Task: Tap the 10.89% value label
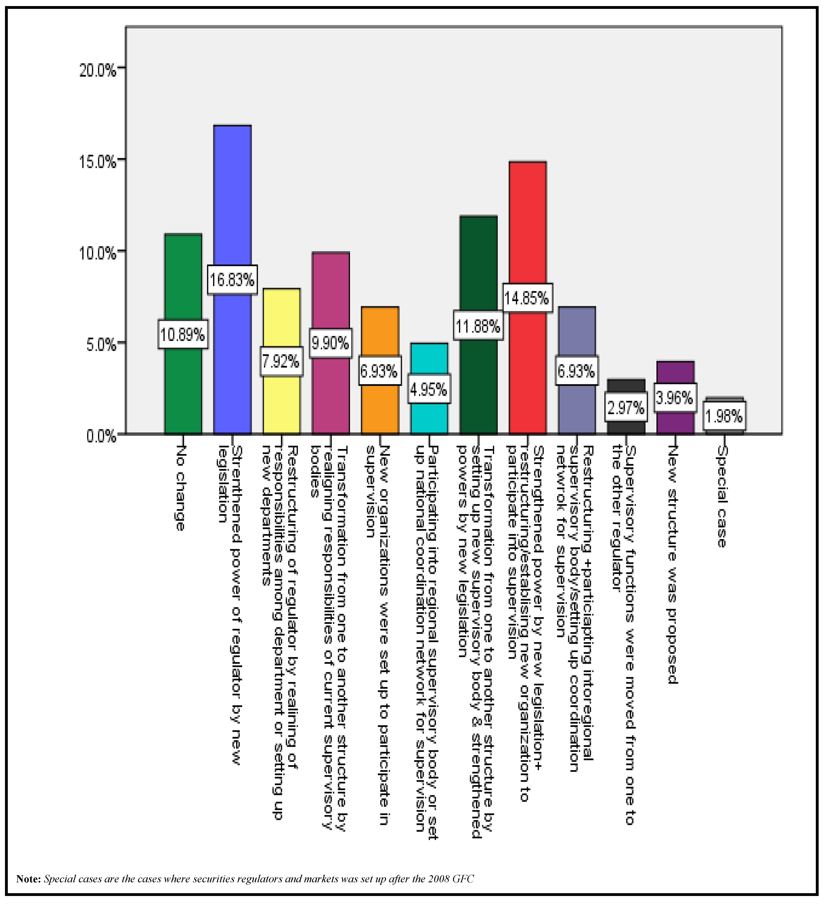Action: pyautogui.click(x=183, y=334)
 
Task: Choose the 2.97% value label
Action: pyautogui.click(x=626, y=407)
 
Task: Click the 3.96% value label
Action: pyautogui.click(x=675, y=398)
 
